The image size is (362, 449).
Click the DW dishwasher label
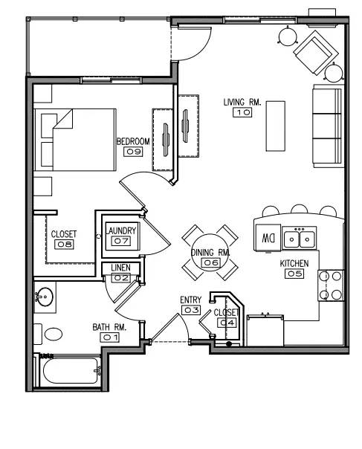pos(268,238)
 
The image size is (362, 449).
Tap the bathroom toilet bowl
pos(54,334)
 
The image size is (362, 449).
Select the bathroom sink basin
pos(45,297)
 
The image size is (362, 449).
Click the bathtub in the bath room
pos(70,371)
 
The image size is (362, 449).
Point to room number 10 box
pos(242,112)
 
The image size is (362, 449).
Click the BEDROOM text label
pos(134,141)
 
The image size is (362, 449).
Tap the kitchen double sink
pos(300,237)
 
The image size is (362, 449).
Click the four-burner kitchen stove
pos(331,285)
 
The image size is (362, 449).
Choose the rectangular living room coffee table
pos(276,126)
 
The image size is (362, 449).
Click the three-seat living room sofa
pos(329,126)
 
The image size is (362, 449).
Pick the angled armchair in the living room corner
pos(316,53)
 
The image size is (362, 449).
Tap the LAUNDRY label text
pos(121,230)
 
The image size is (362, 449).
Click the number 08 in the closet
pos(64,245)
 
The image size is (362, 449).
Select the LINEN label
pos(120,268)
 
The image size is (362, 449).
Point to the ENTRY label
pos(191,300)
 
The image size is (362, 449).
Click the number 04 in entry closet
pos(227,323)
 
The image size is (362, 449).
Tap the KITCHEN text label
pos(294,263)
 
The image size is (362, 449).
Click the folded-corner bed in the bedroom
pos(75,140)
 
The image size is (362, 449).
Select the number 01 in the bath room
pos(110,337)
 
